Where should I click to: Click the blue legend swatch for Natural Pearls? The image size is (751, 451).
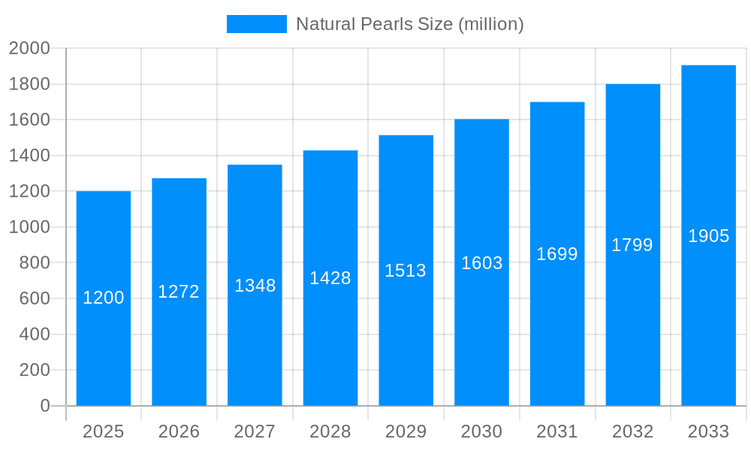pos(256,24)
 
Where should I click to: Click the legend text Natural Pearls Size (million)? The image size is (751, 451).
pos(409,24)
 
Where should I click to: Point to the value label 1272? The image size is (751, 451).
pos(179,292)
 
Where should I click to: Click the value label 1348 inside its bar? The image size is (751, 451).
pos(255,286)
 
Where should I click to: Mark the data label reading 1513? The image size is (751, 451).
pos(406,271)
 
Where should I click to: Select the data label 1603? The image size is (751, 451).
pos(481,263)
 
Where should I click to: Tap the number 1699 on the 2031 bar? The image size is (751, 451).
pos(557,254)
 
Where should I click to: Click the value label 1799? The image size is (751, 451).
pos(632,245)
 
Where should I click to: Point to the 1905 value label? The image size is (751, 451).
pos(708,236)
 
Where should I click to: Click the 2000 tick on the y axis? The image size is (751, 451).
pos(29,48)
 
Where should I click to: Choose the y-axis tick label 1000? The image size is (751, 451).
pos(29,227)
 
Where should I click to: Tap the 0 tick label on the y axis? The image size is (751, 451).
pos(44,406)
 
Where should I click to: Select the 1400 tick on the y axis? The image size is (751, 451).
pos(29,156)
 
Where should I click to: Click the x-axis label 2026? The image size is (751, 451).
pos(179,431)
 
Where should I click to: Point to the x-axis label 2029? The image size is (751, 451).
pos(406,431)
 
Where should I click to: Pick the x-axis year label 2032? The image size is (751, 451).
pos(632,431)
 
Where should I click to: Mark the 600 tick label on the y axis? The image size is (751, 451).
pos(34,298)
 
